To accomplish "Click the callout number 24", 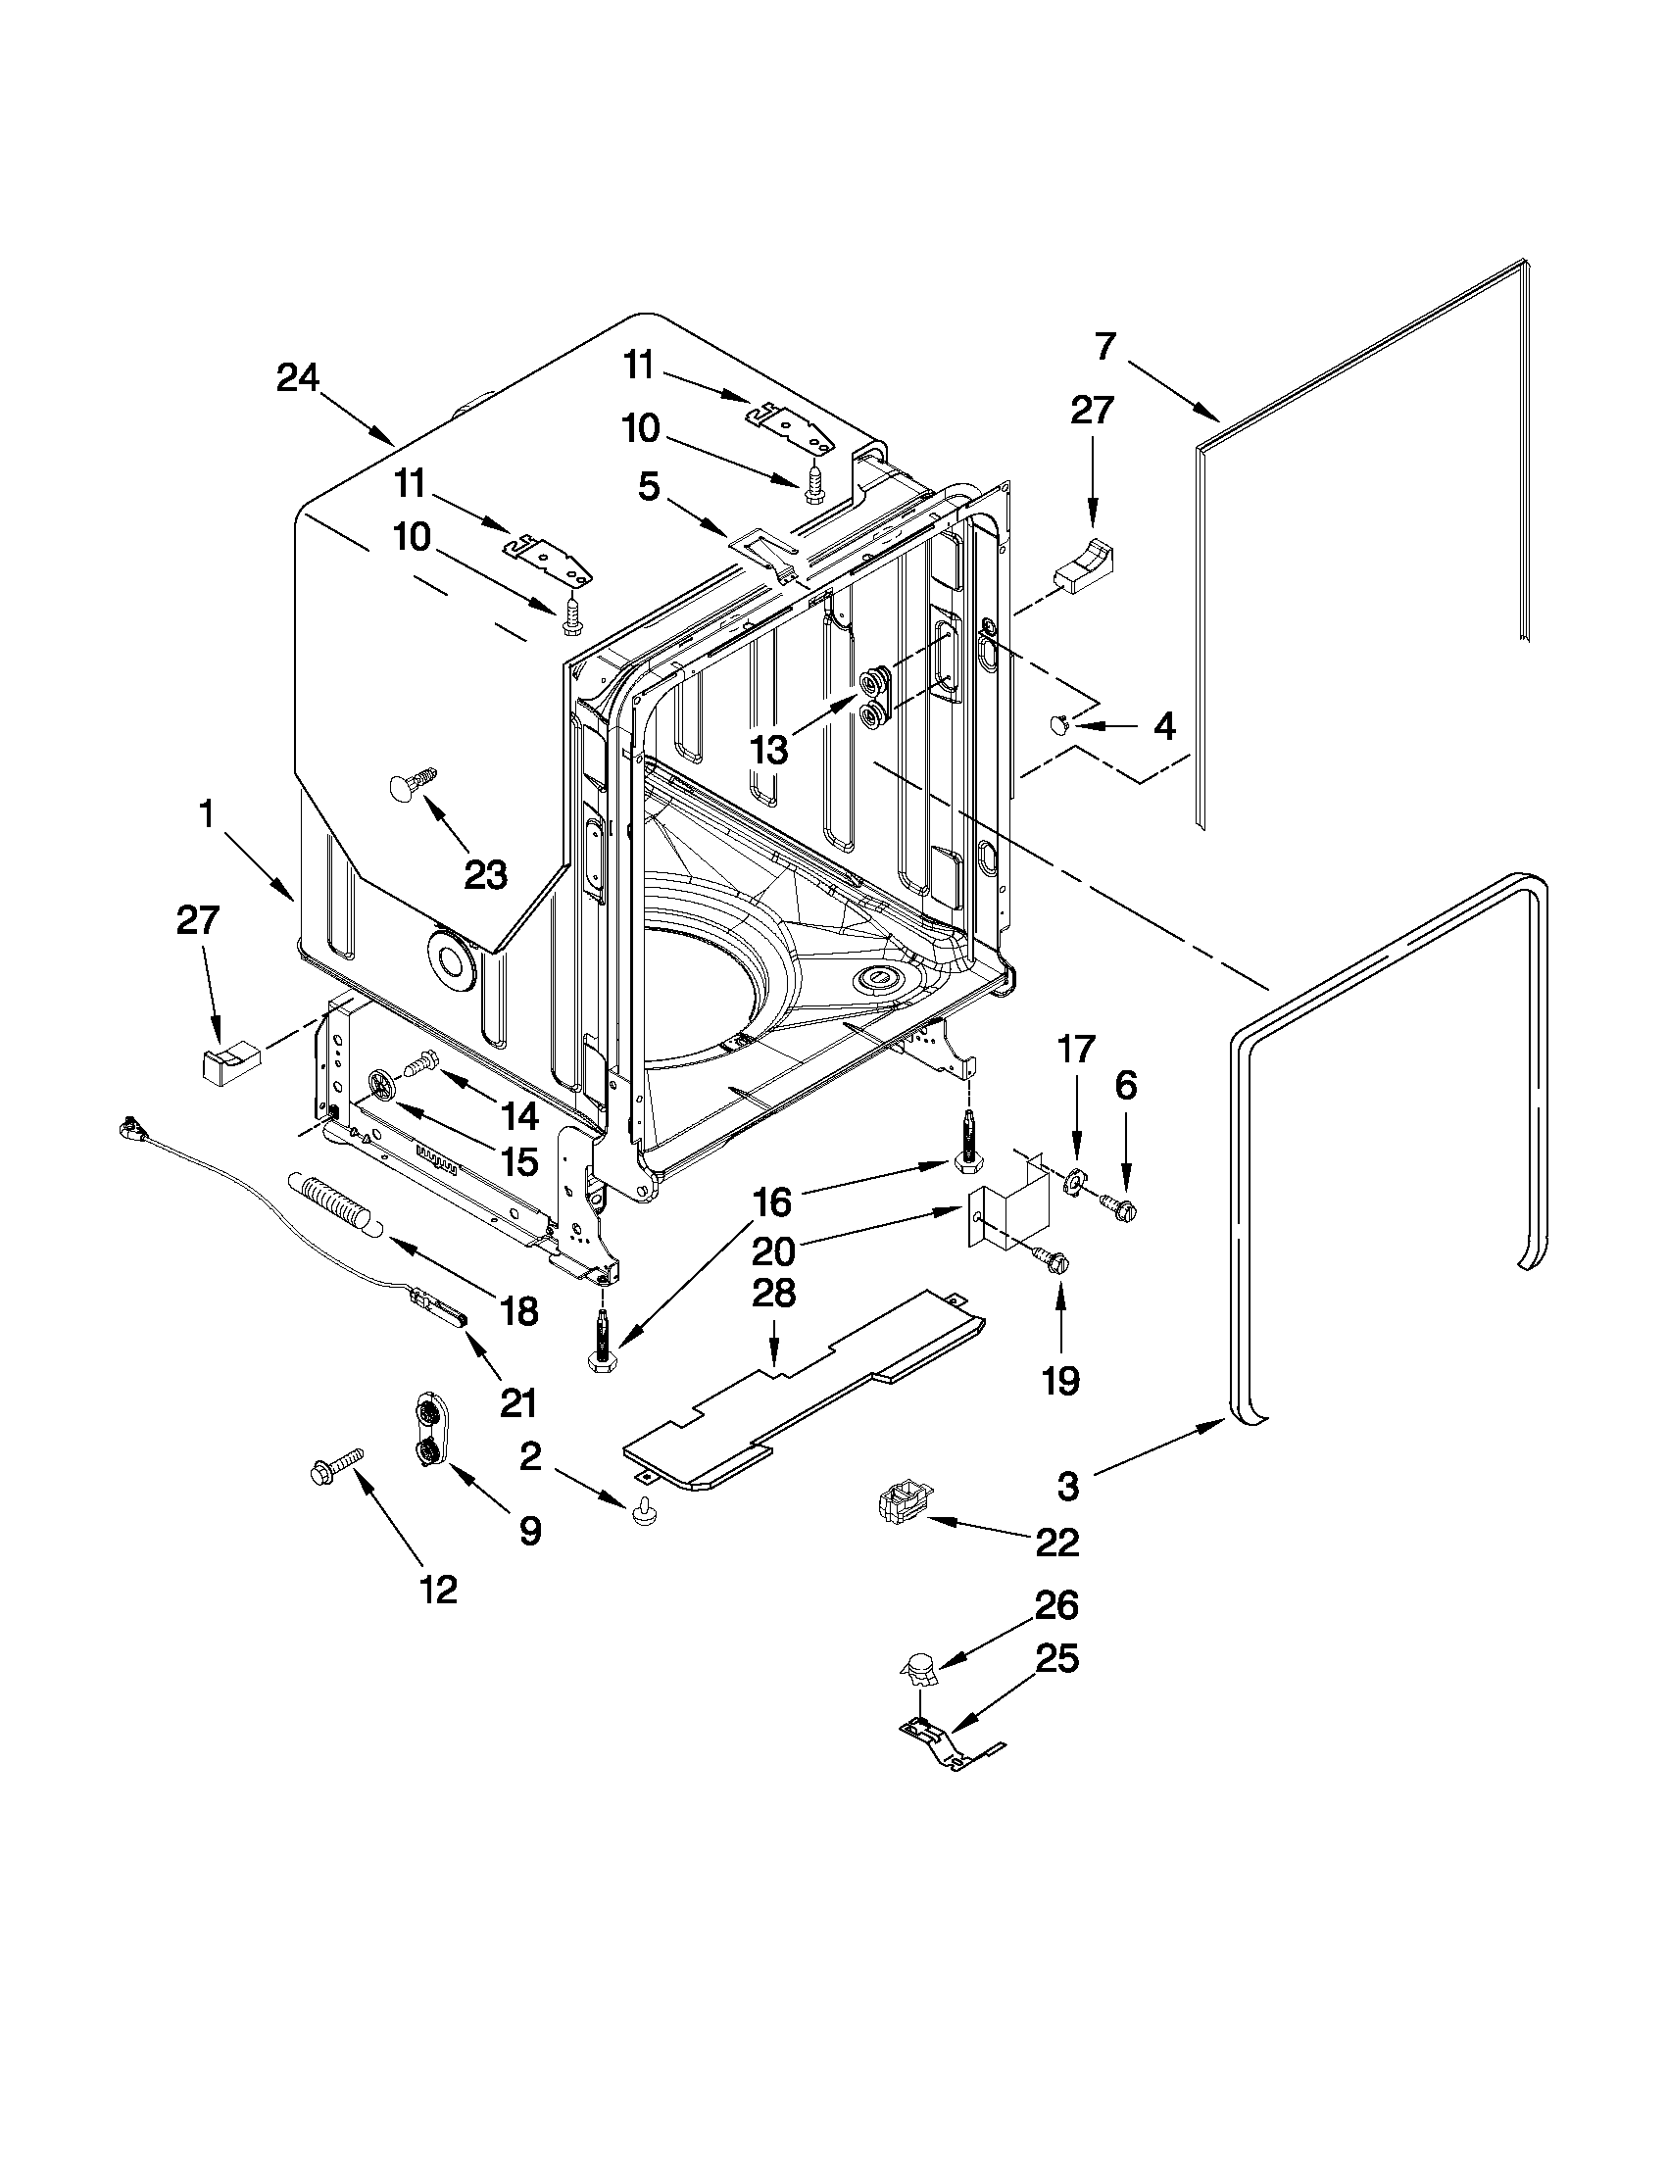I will (x=297, y=378).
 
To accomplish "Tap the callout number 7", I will (x=1105, y=347).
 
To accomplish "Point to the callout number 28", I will (x=773, y=1293).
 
